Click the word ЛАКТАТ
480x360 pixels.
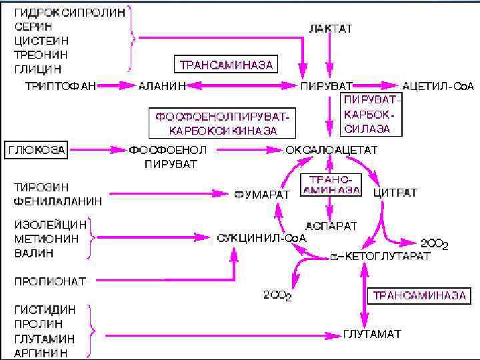coord(330,29)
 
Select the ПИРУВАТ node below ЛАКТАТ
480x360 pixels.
coord(327,85)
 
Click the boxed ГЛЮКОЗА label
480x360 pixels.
coord(37,149)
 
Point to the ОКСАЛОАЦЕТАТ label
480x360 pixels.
coord(331,149)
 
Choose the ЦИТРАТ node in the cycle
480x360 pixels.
coord(395,193)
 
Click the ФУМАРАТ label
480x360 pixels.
coord(262,194)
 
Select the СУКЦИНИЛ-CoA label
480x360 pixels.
coord(261,237)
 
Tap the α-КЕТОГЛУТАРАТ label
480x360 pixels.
coord(381,256)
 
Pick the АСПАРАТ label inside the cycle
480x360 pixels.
coord(331,225)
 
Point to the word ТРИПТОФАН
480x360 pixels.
coord(61,85)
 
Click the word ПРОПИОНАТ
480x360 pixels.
coord(50,281)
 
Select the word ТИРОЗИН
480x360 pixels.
coord(41,187)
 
